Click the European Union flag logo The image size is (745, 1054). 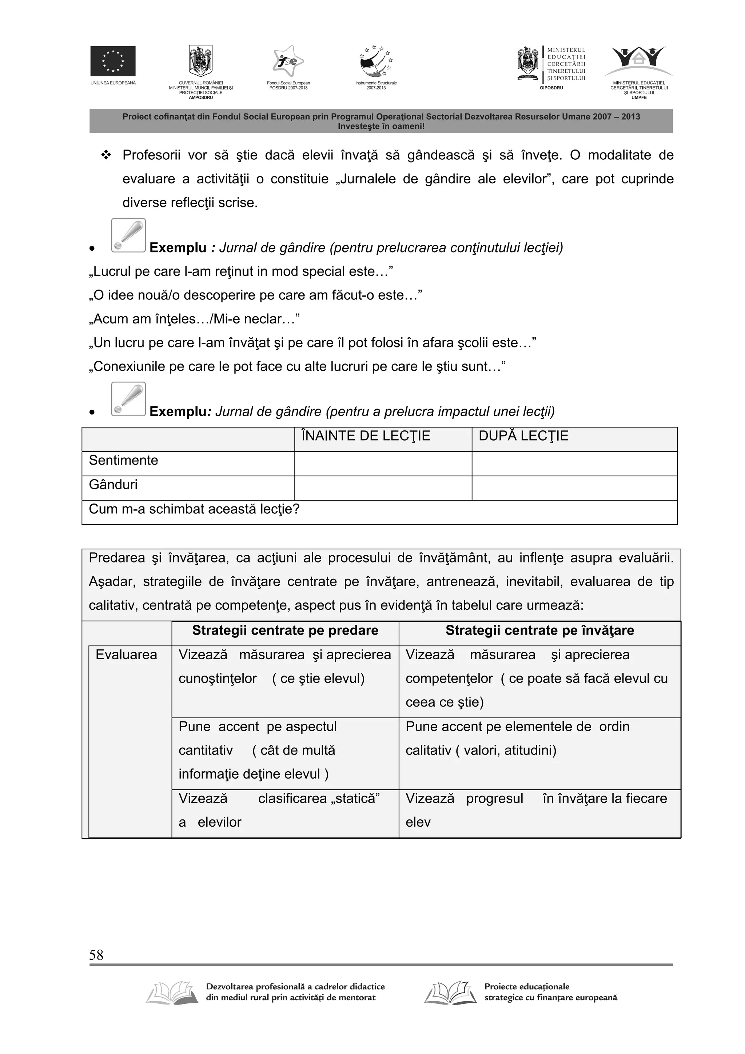(112, 61)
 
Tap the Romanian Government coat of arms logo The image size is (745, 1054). (200, 61)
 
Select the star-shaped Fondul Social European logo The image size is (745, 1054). (288, 61)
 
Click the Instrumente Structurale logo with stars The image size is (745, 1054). (376, 61)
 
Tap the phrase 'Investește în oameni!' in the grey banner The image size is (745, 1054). (381, 126)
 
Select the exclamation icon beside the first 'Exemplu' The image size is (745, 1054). (128, 235)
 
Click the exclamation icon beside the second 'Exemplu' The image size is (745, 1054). (128, 398)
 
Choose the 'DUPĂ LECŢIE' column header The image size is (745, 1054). (523, 435)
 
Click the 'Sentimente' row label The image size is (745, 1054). (123, 460)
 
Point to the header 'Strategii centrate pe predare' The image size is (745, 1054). (285, 630)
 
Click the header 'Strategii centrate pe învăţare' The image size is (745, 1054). (539, 630)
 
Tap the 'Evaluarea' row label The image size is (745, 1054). (126, 655)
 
